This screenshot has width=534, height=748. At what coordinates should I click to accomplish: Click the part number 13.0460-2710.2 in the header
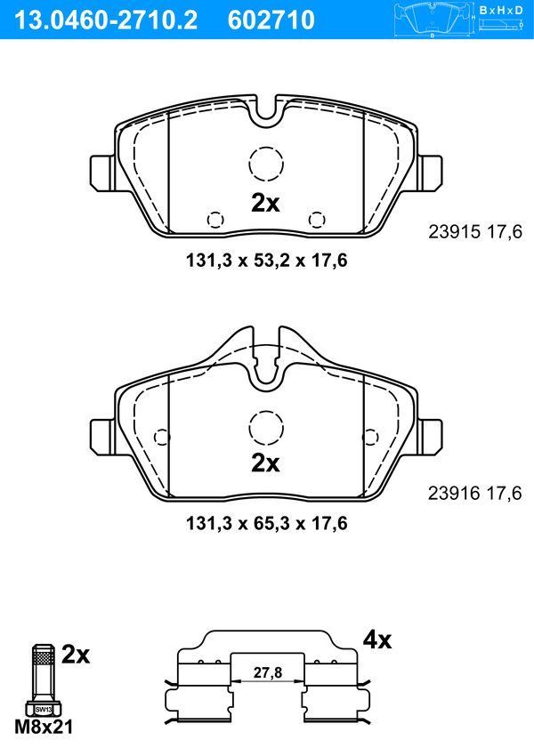[x=106, y=20]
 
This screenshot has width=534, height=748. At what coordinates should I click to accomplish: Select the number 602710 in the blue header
[x=271, y=20]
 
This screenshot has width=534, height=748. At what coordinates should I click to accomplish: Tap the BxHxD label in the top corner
[x=501, y=10]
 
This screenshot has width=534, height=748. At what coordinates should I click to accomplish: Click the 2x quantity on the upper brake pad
[x=265, y=203]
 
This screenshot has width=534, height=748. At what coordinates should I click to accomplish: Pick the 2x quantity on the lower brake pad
[x=265, y=462]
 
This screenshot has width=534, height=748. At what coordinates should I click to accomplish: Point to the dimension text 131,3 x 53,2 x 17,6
[x=266, y=261]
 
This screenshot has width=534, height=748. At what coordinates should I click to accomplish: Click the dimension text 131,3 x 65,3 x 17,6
[x=266, y=523]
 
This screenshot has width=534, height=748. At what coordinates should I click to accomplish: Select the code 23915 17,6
[x=475, y=232]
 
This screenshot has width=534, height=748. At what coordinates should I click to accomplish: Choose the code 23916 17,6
[x=475, y=493]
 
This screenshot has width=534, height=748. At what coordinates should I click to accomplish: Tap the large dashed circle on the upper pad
[x=266, y=147]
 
